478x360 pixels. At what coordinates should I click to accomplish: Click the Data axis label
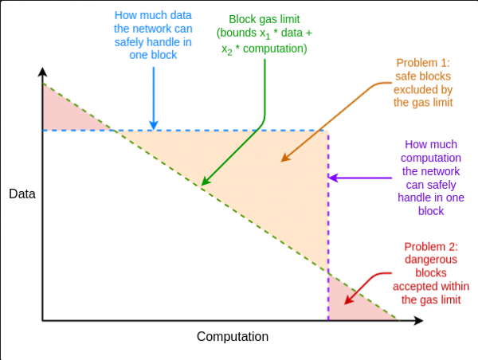click(x=22, y=194)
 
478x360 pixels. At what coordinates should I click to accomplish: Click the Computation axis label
click(x=233, y=336)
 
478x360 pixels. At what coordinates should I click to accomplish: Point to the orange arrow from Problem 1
click(x=327, y=119)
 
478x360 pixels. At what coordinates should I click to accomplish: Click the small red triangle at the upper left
click(x=64, y=112)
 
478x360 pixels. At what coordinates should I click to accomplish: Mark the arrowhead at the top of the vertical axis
click(x=41, y=74)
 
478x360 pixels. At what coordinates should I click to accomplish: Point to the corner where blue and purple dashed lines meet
click(x=328, y=130)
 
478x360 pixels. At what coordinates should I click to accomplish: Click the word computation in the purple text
click(x=431, y=158)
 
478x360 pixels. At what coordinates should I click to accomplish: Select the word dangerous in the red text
click(x=431, y=259)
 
